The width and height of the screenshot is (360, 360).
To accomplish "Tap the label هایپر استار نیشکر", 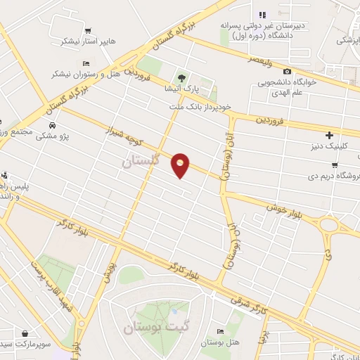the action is point(87,41).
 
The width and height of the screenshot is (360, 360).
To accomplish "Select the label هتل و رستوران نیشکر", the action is point(82,74).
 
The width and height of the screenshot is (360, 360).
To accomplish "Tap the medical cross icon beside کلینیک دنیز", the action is point(329,134).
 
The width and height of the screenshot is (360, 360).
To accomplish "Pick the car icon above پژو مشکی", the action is point(52,124).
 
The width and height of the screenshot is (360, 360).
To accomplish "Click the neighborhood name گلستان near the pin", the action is point(141,161).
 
